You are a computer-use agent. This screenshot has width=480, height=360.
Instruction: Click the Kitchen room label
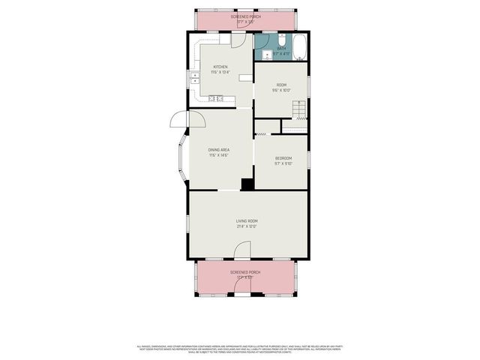pyautogui.click(x=220, y=67)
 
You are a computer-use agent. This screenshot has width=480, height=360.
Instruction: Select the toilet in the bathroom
pyautogui.click(x=280, y=40)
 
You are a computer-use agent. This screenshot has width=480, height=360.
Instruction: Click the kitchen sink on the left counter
pyautogui.click(x=194, y=77)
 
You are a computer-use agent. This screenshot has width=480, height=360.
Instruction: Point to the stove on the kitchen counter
pyautogui.click(x=216, y=97)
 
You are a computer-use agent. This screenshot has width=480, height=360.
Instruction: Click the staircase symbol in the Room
pyautogui.click(x=298, y=110)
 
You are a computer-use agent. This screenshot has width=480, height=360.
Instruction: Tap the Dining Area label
pyautogui.click(x=219, y=150)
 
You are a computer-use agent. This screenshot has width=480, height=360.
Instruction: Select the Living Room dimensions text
pyautogui.click(x=247, y=226)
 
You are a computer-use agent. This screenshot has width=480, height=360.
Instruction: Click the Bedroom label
pyautogui.click(x=283, y=157)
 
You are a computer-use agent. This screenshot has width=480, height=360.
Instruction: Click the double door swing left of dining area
pyautogui.click(x=187, y=119)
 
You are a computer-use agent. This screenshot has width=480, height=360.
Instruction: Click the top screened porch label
pyautogui.click(x=245, y=16)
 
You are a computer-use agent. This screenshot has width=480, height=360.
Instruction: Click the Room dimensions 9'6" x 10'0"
pyautogui.click(x=281, y=91)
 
